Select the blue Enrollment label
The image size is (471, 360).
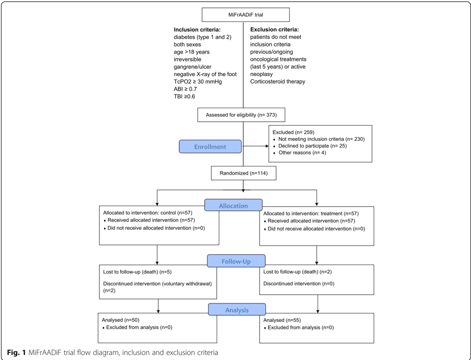[210, 147]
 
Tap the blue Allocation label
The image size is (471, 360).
[233, 206]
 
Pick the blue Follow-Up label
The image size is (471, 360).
[236, 261]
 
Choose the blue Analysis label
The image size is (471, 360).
[237, 310]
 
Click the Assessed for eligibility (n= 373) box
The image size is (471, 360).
[241, 115]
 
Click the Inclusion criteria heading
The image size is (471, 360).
[197, 30]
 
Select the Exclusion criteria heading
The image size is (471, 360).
[274, 30]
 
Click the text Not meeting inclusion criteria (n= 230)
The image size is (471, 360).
[321, 139]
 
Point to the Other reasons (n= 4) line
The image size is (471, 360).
[302, 152]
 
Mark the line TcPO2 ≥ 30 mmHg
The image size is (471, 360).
[198, 81]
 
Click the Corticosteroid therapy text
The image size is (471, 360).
[278, 81]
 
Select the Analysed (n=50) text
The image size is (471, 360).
[120, 320]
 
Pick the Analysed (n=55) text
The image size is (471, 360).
[282, 320]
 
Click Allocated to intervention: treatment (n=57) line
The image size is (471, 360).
[310, 213]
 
